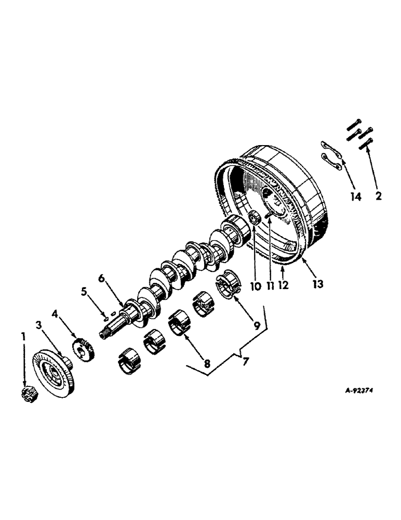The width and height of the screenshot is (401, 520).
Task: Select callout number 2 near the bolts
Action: pos(378,196)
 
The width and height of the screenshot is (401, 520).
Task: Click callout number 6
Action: pos(102,279)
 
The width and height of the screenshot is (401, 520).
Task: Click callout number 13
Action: pos(318,284)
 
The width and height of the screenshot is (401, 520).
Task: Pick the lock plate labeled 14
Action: pos(330,155)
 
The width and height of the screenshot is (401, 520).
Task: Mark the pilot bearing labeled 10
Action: pos(255,219)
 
